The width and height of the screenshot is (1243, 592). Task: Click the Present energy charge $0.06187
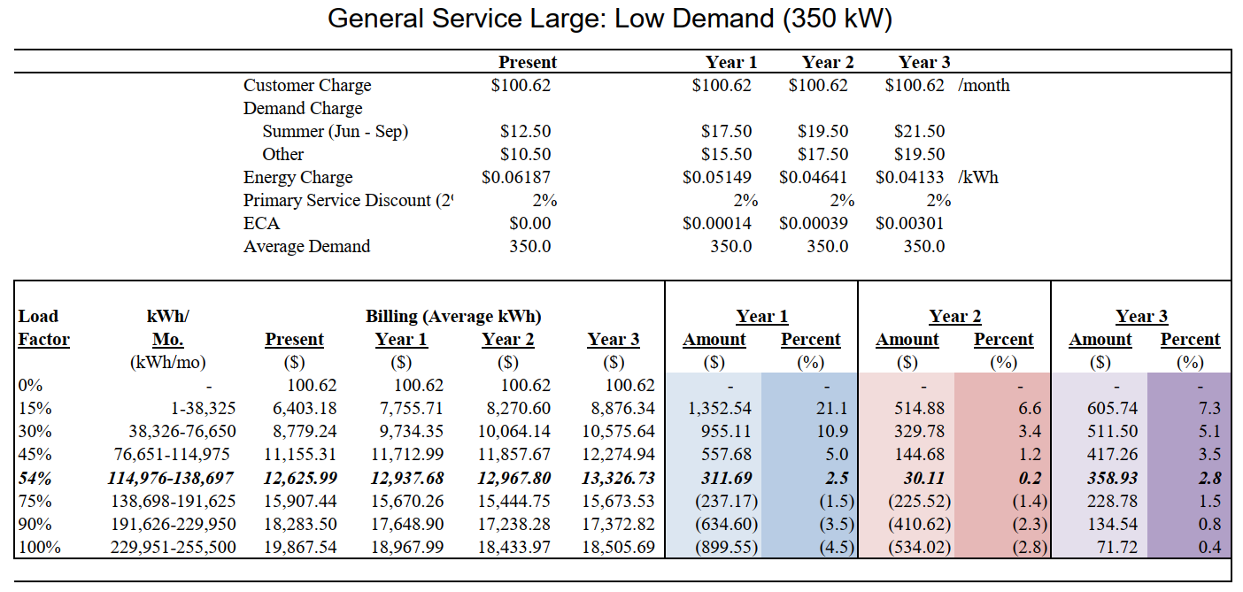pyautogui.click(x=516, y=177)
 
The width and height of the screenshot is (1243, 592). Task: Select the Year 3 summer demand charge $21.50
pyautogui.click(x=919, y=131)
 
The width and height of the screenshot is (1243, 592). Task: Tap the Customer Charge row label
pyautogui.click(x=307, y=85)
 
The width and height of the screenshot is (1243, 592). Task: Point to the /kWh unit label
pyautogui.click(x=978, y=177)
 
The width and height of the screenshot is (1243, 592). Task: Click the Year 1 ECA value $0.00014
pyautogui.click(x=717, y=223)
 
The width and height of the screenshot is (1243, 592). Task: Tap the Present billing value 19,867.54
pyautogui.click(x=300, y=547)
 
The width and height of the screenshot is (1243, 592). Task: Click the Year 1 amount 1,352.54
pyautogui.click(x=719, y=409)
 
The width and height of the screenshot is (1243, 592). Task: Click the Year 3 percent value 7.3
pyautogui.click(x=1208, y=409)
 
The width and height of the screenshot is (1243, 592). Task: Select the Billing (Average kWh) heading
pyautogui.click(x=452, y=316)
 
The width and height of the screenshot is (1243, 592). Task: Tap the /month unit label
pyautogui.click(x=984, y=85)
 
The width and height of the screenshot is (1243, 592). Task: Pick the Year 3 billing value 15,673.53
pyautogui.click(x=618, y=501)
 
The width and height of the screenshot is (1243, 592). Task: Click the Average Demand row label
pyautogui.click(x=306, y=246)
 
